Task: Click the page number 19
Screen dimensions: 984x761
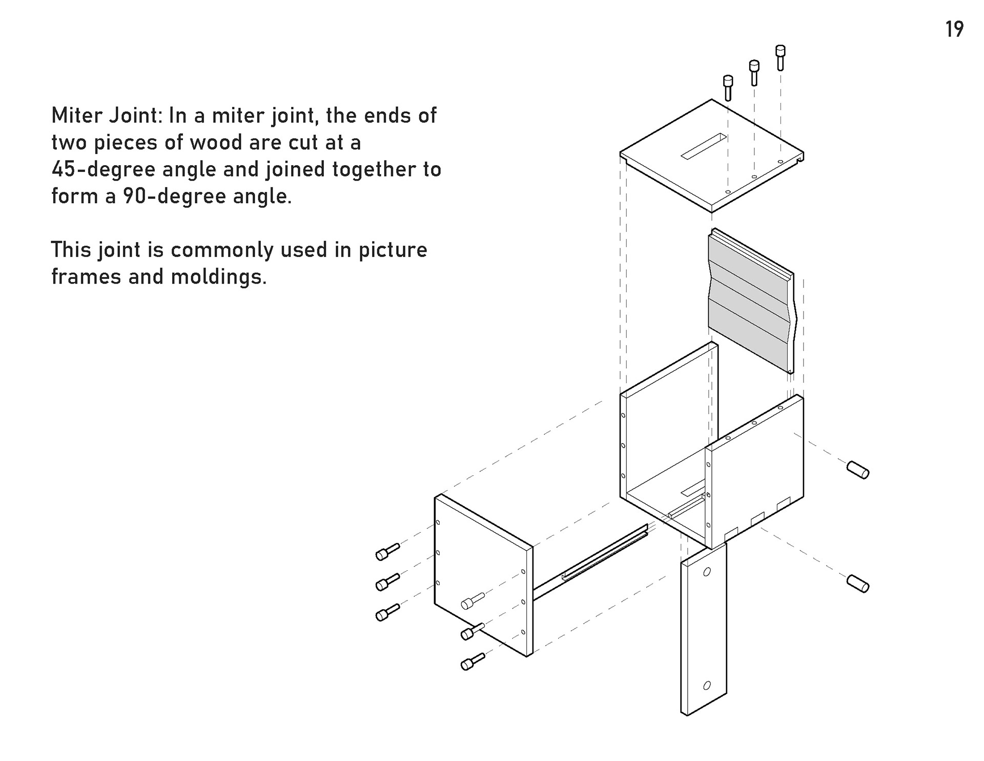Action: click(x=954, y=29)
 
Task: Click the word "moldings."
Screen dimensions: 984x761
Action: click(x=219, y=277)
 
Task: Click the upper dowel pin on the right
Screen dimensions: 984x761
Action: click(x=857, y=470)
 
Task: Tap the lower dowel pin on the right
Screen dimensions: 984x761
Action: click(x=857, y=584)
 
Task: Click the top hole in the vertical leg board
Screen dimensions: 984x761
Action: click(x=707, y=572)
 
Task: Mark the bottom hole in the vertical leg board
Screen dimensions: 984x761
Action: click(x=707, y=685)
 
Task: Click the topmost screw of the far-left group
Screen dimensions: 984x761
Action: click(x=387, y=551)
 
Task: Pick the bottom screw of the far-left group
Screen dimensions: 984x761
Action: click(x=387, y=612)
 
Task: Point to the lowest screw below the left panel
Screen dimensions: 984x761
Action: click(x=473, y=662)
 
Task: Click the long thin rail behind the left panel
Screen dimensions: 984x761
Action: click(x=589, y=564)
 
